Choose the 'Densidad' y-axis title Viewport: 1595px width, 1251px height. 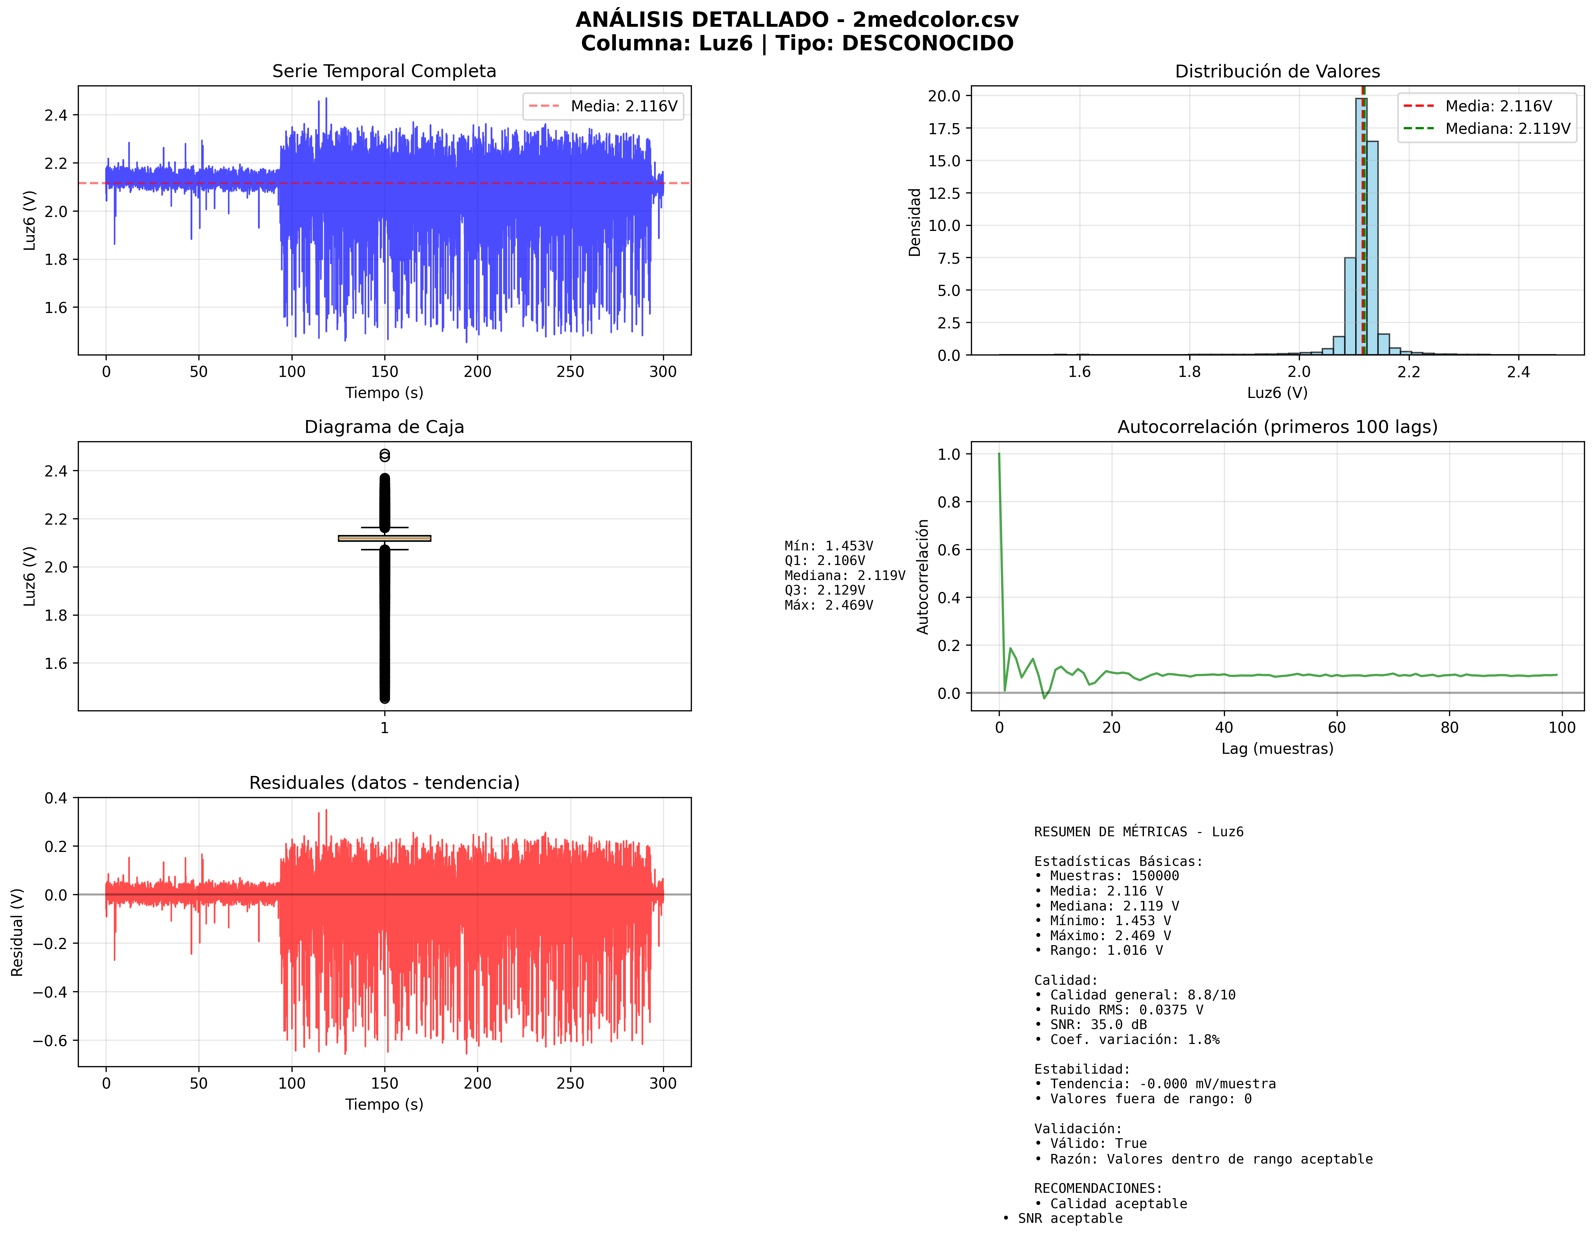click(x=915, y=222)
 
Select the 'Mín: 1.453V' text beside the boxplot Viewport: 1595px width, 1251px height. click(x=828, y=546)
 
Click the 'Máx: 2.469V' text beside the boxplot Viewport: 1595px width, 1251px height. click(x=828, y=605)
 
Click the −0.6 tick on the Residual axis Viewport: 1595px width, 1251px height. click(x=50, y=1041)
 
